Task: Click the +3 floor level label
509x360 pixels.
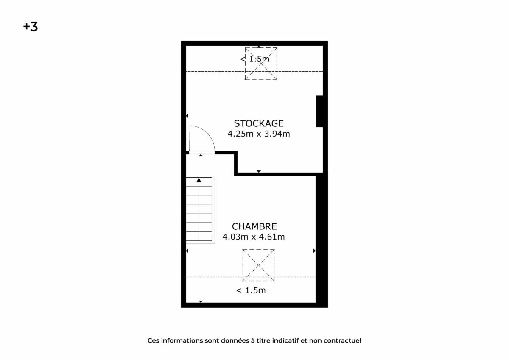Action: coord(31,27)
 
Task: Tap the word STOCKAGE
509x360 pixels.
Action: coord(259,123)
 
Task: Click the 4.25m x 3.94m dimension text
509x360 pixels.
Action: coord(259,134)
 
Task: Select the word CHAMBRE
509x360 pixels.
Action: coord(254,226)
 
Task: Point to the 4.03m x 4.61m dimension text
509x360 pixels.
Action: coord(254,237)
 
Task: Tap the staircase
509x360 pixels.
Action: coord(200,210)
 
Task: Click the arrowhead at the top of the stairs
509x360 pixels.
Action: coord(199,180)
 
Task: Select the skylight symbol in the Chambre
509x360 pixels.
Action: coord(259,265)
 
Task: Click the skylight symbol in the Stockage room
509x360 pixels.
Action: coord(261,64)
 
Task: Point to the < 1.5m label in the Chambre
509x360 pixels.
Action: coord(251,290)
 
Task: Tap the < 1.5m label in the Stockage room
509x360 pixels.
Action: coord(255,59)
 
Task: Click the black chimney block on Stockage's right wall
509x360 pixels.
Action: coord(319,111)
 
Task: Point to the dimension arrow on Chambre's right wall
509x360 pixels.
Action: coord(314,251)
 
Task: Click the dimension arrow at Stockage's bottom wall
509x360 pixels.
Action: coord(259,171)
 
